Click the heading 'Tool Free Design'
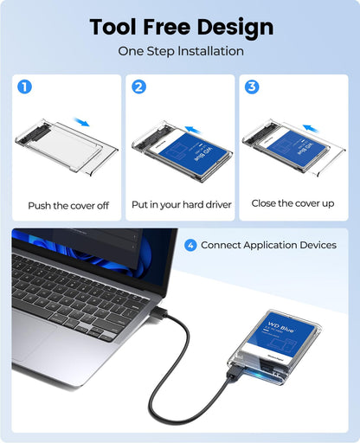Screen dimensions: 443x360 [x=180, y=27]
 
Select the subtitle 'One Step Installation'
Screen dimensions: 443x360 [x=180, y=52]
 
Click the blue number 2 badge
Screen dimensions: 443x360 [x=138, y=87]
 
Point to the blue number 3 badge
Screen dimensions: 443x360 [x=253, y=87]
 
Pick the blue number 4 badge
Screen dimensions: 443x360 [x=190, y=245]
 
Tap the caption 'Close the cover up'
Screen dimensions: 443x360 [x=292, y=203]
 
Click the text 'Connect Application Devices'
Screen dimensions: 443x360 [x=268, y=245]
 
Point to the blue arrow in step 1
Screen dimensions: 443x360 [x=81, y=123]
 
